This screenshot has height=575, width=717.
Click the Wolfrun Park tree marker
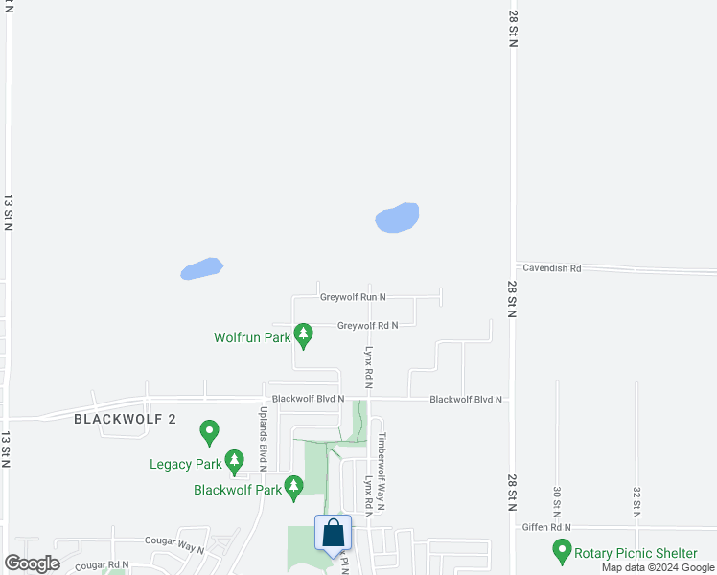304,335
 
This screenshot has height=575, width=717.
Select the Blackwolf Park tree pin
294,489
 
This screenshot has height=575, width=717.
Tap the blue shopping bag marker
333,535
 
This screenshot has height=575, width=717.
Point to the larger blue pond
397,218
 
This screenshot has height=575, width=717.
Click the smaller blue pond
201,268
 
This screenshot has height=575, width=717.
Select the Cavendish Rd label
548,268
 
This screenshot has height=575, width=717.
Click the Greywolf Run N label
353,297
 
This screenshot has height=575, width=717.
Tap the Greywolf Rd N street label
367,325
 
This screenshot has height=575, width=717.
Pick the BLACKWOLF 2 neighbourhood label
126,419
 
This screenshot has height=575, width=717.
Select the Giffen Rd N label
545,527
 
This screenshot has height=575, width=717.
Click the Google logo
32,563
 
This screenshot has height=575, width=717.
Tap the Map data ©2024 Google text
658,567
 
